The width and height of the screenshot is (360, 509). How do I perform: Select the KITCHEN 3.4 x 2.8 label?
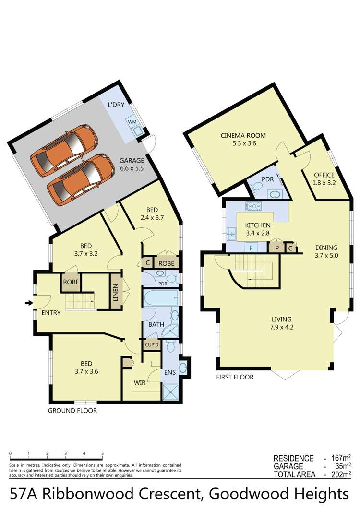coord(258,225)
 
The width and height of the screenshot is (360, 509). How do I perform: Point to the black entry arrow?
coord(29,303)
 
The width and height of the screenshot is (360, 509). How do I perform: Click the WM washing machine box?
coord(132,122)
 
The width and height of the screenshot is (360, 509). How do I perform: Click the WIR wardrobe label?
coord(139,382)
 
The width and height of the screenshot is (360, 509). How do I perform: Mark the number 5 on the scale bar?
coord(102,453)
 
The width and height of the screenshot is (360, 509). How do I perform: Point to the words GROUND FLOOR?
coord(72,411)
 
